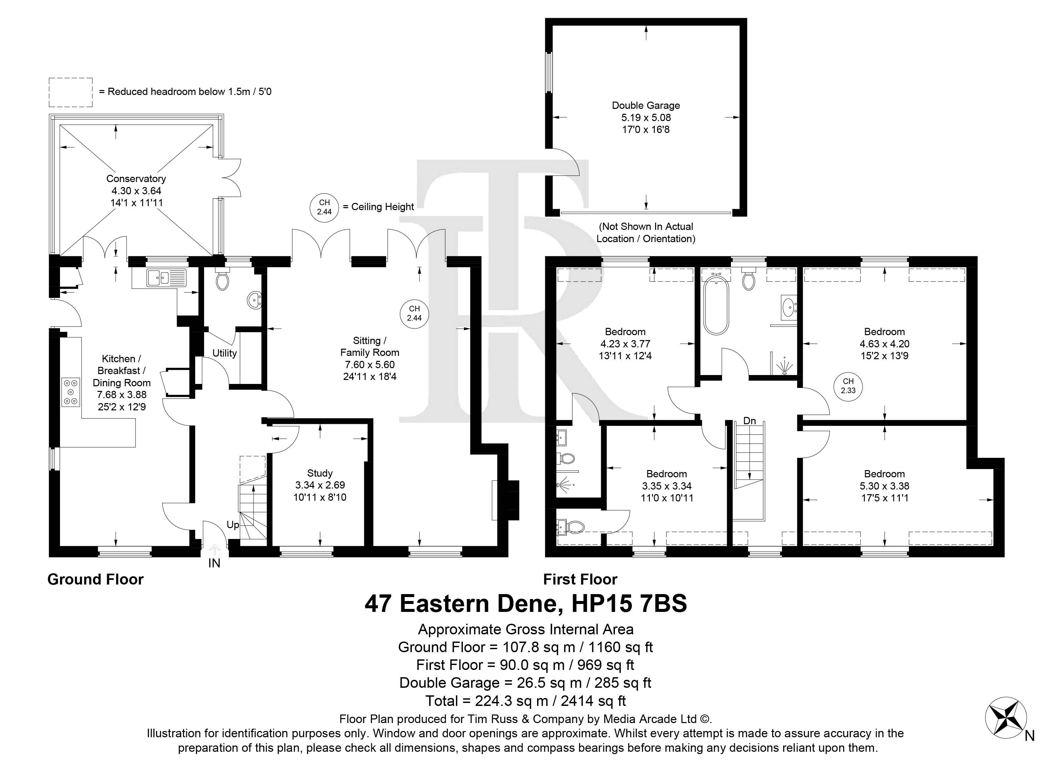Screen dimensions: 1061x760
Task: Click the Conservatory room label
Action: (136, 179)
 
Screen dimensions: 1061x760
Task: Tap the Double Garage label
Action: (646, 106)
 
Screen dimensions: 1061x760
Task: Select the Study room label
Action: (320, 473)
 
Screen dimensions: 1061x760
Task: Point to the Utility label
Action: (225, 353)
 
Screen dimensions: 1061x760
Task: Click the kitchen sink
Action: (166, 277)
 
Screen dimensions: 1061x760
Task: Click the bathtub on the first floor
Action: (716, 305)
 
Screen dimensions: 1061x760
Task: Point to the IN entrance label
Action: (214, 563)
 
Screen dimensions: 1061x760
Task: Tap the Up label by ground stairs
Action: (233, 525)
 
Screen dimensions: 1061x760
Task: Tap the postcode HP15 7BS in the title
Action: (630, 604)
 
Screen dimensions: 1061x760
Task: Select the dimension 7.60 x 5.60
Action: (370, 364)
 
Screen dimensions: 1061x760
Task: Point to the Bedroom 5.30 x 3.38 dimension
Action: (884, 486)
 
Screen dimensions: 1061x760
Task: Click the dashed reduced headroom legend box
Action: (71, 92)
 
